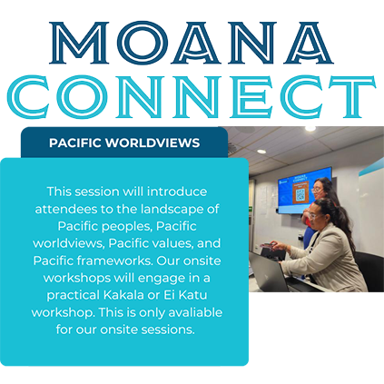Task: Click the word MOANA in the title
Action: click(192, 43)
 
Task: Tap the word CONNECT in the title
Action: click(192, 96)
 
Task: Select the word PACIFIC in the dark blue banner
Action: click(75, 143)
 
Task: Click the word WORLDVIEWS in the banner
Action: click(153, 143)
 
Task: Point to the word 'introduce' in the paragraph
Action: click(177, 192)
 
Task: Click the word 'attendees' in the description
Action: click(65, 209)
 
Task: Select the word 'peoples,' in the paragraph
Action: click(126, 227)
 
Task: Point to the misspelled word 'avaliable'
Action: click(195, 312)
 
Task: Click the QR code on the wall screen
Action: click(300, 196)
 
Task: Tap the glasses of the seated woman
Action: click(313, 216)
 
